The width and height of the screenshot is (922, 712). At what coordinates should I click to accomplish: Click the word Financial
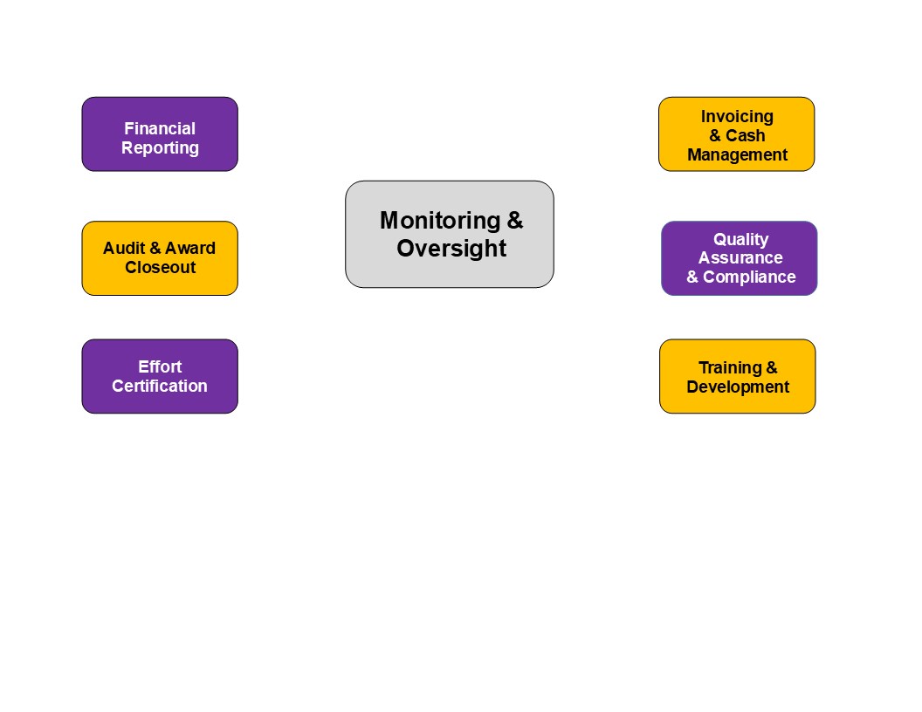[x=160, y=129]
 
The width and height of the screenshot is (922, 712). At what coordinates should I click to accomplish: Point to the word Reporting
[x=160, y=148]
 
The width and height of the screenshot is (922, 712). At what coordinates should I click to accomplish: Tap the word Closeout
[x=160, y=267]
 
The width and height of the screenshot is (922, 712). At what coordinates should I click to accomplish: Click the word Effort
[x=160, y=366]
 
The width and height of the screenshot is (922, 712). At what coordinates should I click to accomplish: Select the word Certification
[x=160, y=386]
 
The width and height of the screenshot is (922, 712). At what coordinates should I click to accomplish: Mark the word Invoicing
[x=737, y=116]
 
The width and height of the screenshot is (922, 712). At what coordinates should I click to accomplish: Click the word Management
[x=737, y=155]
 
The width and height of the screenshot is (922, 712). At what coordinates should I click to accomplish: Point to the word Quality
[x=740, y=239]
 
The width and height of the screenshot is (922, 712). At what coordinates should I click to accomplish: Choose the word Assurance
[x=740, y=258]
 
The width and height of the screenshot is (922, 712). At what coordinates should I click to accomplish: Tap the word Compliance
[x=749, y=277]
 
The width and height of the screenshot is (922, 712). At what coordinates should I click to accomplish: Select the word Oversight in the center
[x=451, y=249]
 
